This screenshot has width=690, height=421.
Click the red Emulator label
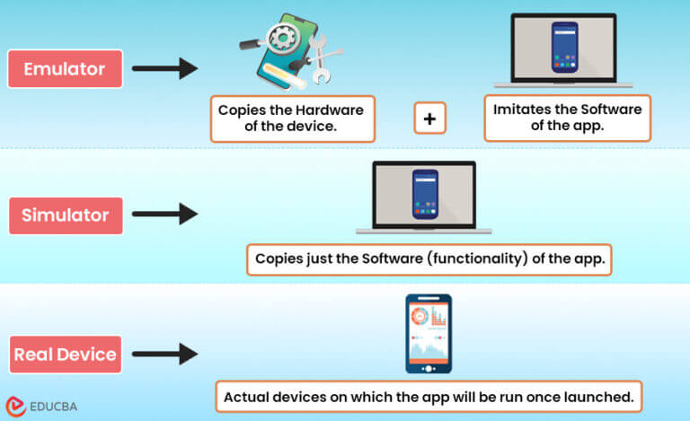(x=65, y=68)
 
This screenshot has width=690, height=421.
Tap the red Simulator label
(x=65, y=215)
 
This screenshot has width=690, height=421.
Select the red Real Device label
(x=65, y=354)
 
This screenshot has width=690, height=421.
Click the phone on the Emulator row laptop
(x=564, y=48)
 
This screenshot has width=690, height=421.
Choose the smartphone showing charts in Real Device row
(x=429, y=333)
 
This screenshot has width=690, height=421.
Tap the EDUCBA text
(x=53, y=406)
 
